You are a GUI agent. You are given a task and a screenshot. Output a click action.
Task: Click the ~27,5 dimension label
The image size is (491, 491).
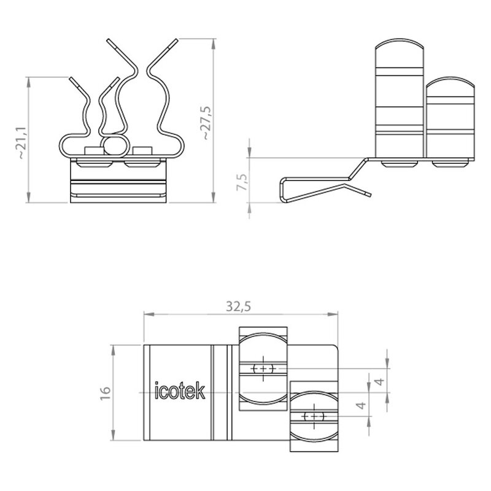point(207,123)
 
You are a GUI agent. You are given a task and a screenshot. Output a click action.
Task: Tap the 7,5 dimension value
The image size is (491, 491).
point(242,182)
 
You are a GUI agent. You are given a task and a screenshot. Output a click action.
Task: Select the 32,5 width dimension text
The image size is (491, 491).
point(239,306)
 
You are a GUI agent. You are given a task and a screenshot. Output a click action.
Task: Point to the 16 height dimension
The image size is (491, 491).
point(106,393)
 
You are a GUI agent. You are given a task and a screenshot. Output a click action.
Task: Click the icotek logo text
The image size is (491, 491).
point(180,390)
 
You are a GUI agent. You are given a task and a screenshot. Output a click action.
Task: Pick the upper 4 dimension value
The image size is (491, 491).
point(380,381)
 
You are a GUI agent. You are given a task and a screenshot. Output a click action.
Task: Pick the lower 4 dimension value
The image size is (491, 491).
point(361,405)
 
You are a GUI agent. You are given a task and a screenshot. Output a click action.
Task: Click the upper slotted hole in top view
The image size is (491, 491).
point(263,369)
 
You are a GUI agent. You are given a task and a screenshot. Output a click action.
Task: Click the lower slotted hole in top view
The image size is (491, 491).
point(314,417)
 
